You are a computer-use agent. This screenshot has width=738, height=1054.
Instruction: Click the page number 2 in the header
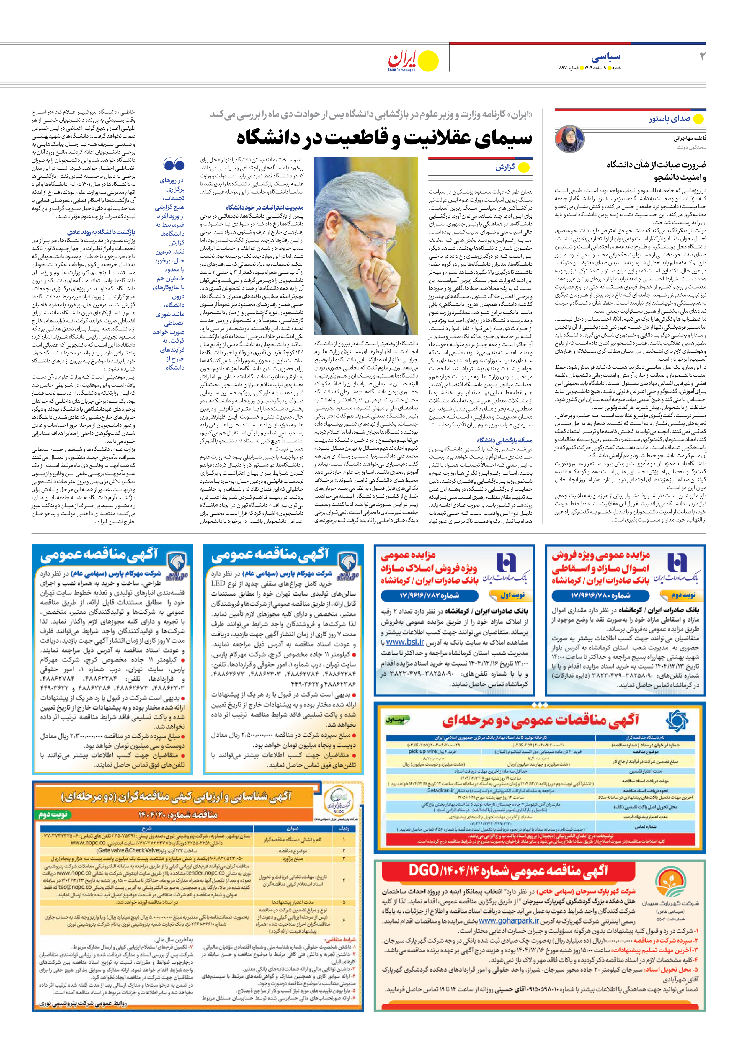coord(702,56)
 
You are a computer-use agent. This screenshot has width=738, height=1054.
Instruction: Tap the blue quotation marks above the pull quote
coord(174,164)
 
